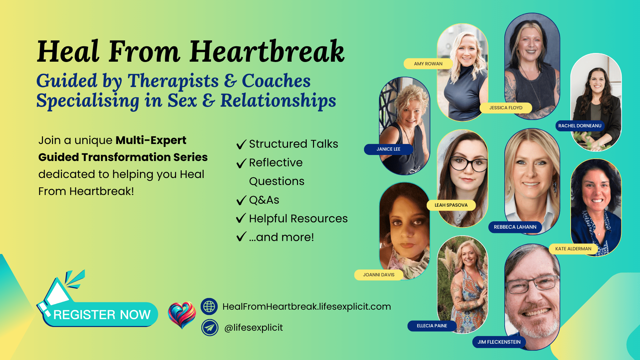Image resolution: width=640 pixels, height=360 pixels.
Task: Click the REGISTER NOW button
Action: [x=100, y=314]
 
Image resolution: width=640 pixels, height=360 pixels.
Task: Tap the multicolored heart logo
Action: [x=182, y=315]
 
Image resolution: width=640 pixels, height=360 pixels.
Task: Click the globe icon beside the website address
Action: [x=209, y=306]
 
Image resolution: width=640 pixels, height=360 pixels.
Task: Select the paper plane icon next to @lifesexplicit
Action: [x=210, y=328]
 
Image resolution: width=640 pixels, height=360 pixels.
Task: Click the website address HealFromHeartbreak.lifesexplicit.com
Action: [x=307, y=307]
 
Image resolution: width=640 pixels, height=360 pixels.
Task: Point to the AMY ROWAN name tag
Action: [x=428, y=64]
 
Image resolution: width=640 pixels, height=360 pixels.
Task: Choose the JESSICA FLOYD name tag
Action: [x=506, y=108]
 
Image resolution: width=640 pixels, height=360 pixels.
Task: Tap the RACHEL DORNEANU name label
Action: [x=580, y=126]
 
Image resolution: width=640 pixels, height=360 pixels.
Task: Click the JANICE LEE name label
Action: [x=388, y=149]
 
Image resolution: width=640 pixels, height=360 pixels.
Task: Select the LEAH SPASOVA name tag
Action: [x=451, y=205]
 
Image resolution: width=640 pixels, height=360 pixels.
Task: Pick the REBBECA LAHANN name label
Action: [x=515, y=227]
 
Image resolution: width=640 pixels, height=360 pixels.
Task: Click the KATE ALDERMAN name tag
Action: [x=573, y=249]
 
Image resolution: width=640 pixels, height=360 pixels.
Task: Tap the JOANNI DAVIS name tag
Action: [x=379, y=275]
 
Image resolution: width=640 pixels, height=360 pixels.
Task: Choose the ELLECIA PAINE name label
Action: [x=432, y=326]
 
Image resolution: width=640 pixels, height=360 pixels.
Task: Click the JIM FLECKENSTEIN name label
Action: [x=499, y=342]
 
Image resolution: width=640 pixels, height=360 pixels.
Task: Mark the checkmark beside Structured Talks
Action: [x=241, y=144]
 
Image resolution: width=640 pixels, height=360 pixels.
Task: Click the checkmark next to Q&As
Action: [x=241, y=200]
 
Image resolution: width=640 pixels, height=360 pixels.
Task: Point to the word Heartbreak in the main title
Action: [x=267, y=52]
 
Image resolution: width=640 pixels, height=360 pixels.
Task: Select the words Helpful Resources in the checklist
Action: [x=298, y=219]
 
